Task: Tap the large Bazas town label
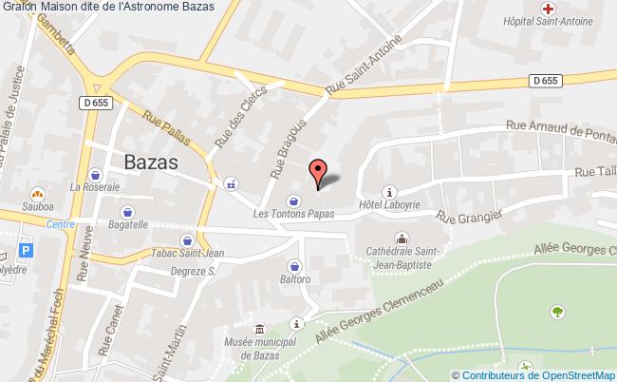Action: tap(151, 162)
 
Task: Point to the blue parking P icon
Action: tap(27, 253)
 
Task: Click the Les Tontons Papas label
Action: tap(293, 214)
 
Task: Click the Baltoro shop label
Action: tap(295, 279)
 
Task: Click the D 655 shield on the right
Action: tap(545, 82)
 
